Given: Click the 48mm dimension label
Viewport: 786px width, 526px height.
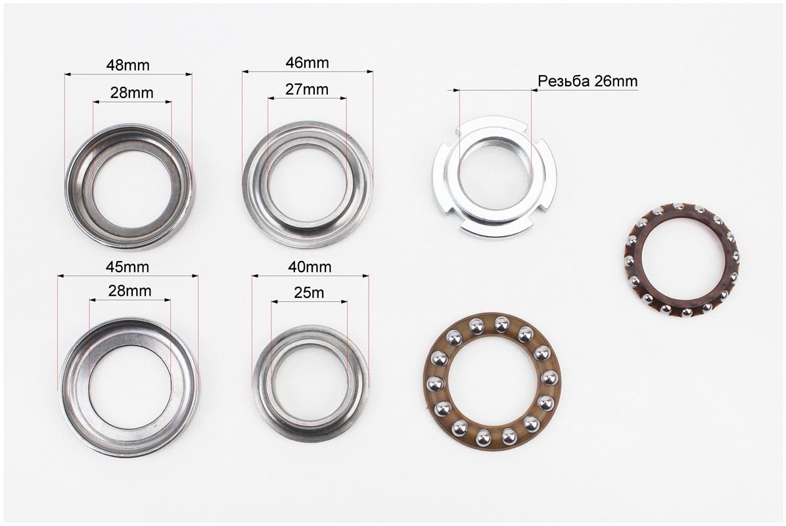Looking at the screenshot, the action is [128, 65].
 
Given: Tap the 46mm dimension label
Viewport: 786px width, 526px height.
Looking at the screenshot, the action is [308, 62].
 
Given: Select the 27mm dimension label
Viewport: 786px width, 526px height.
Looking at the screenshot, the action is [307, 89].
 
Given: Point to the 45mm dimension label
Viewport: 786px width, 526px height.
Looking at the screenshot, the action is [127, 267].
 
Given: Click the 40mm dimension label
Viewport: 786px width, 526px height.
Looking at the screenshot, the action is [310, 267].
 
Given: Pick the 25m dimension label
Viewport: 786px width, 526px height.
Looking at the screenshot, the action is [309, 293].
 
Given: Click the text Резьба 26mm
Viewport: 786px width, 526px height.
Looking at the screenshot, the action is [588, 82].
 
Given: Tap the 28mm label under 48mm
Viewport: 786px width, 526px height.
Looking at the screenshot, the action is [132, 93].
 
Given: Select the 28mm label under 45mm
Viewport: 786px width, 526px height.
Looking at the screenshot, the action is [130, 291].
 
